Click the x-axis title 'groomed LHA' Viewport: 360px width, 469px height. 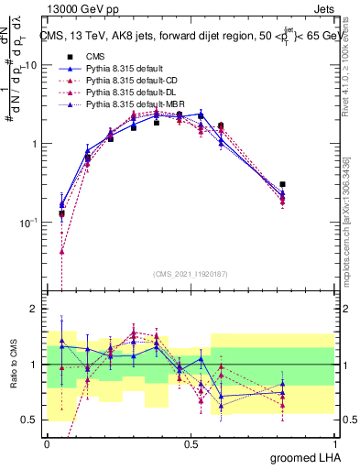coord(302,457)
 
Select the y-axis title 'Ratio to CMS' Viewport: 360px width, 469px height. coord(12,376)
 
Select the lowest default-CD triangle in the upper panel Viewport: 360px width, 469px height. coord(61,251)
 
